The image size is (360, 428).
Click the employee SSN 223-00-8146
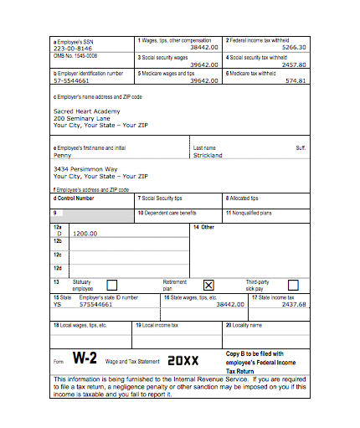click(73, 48)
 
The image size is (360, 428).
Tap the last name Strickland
click(208, 155)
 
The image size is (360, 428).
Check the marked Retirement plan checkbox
click(209, 285)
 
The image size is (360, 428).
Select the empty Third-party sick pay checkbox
click(294, 285)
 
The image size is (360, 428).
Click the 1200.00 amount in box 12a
click(86, 233)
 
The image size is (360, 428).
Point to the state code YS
click(58, 304)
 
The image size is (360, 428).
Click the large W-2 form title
click(85, 359)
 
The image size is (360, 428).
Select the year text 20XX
click(183, 360)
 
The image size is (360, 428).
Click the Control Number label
click(75, 199)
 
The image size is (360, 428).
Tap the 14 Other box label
click(204, 226)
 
